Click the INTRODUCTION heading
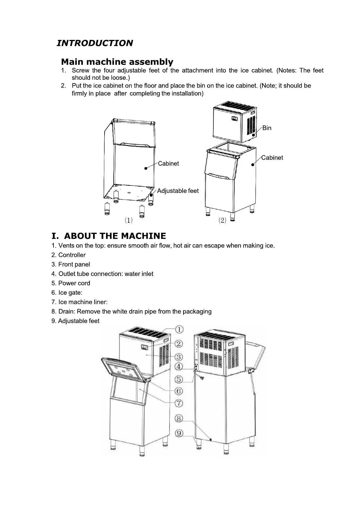95,43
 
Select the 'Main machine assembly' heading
117,62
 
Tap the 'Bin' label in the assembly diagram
267,128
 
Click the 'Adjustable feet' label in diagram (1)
178,191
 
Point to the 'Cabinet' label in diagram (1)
168,164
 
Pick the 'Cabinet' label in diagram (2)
272,157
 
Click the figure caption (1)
129,220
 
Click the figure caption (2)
222,220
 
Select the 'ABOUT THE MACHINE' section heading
109,236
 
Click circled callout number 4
179,367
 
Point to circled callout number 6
179,391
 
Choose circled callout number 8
179,418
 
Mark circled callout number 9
179,434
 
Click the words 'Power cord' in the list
74,283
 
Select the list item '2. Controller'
69,255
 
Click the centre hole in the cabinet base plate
129,192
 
